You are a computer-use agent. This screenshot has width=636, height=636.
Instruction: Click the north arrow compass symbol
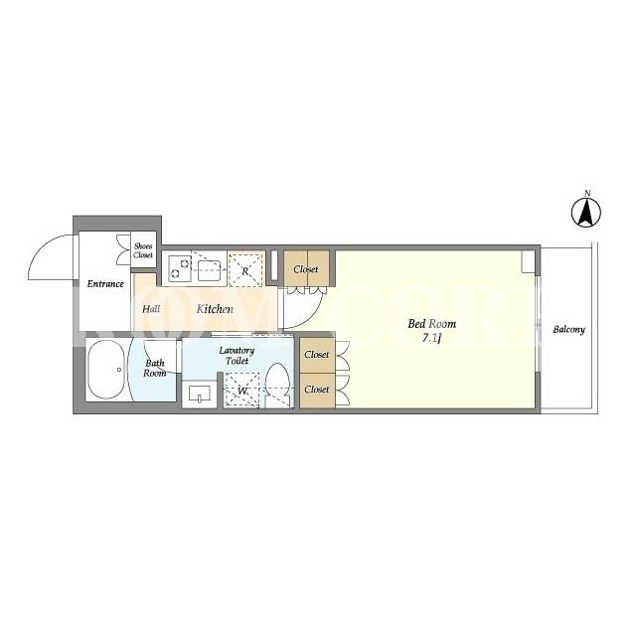point(586,212)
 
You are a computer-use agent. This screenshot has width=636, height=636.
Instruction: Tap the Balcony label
point(568,329)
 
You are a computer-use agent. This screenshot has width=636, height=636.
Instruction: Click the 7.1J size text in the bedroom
point(431,338)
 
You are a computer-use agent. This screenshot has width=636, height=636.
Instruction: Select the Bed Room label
point(431,324)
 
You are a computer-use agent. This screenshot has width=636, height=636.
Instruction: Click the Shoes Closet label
point(143,250)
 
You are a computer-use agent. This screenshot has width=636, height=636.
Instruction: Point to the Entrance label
point(105,284)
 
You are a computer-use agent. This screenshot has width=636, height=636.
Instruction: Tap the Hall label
point(151,309)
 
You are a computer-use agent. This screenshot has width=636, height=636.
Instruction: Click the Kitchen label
point(215,309)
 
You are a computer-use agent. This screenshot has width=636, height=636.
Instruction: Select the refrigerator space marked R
point(245,270)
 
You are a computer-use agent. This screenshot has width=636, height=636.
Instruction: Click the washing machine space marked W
point(242,390)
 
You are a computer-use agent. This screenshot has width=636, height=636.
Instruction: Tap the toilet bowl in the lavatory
point(278,385)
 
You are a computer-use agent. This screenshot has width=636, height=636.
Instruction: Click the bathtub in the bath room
point(105,370)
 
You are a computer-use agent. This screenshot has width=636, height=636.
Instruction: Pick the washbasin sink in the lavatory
point(200,394)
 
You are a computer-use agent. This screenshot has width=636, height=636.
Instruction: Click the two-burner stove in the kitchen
point(180,267)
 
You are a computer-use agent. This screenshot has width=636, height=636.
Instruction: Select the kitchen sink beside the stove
point(209,270)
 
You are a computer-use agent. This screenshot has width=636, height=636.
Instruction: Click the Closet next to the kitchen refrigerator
point(306,269)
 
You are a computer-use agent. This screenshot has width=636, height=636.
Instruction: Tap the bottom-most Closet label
point(316,390)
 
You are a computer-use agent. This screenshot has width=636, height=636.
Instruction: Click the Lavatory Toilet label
point(237,356)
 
